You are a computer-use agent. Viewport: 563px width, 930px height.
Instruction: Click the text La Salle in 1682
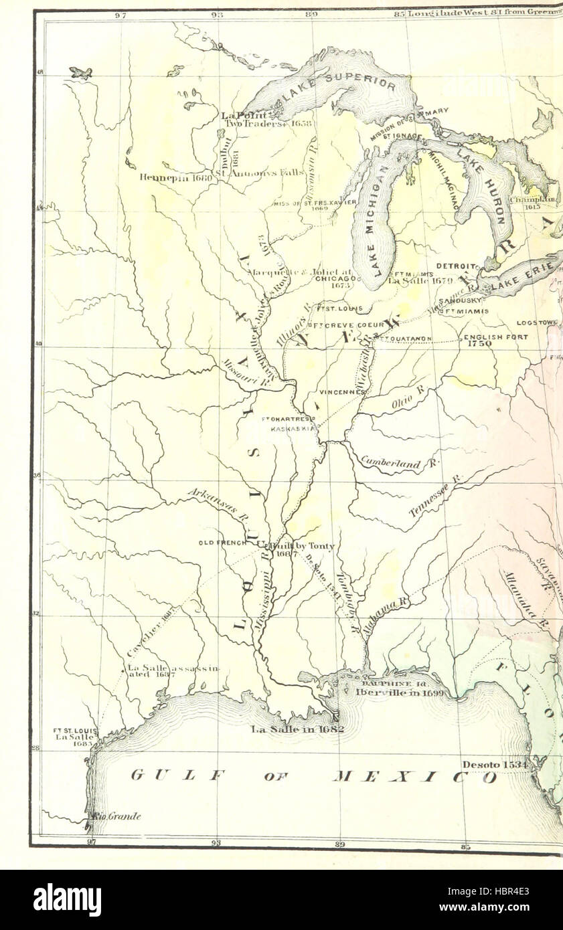(x=297, y=729)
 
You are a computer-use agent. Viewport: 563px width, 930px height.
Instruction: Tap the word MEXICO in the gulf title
(x=415, y=777)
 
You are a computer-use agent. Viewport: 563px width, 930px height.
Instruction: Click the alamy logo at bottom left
(x=67, y=899)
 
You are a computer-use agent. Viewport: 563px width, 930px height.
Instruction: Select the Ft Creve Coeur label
(x=347, y=325)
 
